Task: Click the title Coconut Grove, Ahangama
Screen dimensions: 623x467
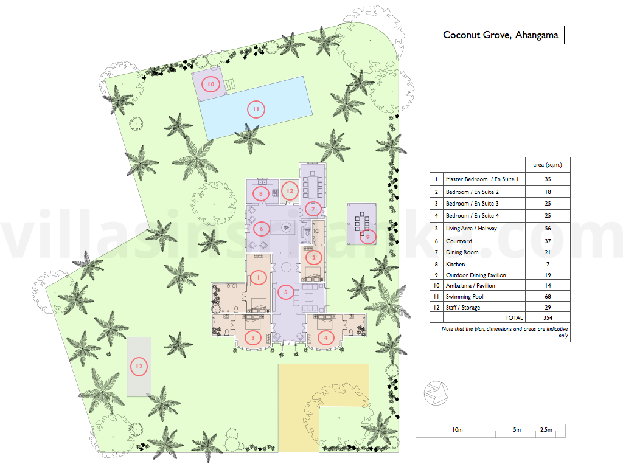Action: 500,35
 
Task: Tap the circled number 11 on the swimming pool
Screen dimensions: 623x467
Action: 256,109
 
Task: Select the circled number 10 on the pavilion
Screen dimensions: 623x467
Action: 211,84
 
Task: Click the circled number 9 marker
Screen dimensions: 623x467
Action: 368,237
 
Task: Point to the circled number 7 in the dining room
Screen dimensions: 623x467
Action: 313,209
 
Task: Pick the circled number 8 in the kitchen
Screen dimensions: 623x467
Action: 260,194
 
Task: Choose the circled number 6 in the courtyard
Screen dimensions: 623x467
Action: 261,229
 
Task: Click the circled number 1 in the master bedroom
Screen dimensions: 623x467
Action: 258,277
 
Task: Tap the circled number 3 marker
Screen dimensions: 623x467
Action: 252,338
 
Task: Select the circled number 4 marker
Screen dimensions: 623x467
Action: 326,338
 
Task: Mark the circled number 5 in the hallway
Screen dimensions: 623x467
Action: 285,292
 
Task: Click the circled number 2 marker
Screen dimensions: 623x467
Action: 313,258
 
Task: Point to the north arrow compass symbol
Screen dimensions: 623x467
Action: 436,393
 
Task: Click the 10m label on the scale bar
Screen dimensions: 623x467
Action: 458,430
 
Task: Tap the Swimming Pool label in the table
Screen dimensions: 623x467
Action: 464,297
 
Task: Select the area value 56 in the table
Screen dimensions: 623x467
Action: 548,229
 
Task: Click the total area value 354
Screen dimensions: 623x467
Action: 548,317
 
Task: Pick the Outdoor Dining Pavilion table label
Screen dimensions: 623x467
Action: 476,275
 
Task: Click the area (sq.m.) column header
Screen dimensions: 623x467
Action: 548,165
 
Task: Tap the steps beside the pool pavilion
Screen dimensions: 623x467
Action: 229,85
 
